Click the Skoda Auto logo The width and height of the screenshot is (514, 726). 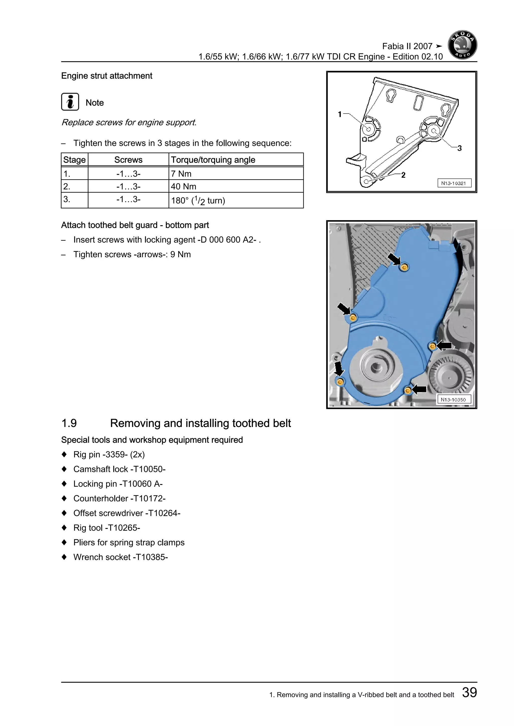pyautogui.click(x=462, y=45)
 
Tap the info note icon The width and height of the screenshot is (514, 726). pyautogui.click(x=70, y=102)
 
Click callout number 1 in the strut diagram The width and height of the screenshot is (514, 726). pyautogui.click(x=340, y=114)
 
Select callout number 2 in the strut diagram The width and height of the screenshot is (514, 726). pyautogui.click(x=403, y=175)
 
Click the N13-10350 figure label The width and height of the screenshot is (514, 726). pyautogui.click(x=453, y=400)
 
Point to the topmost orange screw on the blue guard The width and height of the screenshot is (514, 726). pyautogui.click(x=404, y=267)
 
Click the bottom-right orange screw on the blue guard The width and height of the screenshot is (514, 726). pyautogui.click(x=408, y=391)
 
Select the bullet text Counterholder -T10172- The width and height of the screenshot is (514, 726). pyautogui.click(x=119, y=498)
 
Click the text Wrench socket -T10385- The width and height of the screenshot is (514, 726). pyautogui.click(x=120, y=557)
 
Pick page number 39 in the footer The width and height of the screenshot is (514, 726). pyautogui.click(x=469, y=692)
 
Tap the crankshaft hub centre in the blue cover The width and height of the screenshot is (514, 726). pyautogui.click(x=376, y=367)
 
